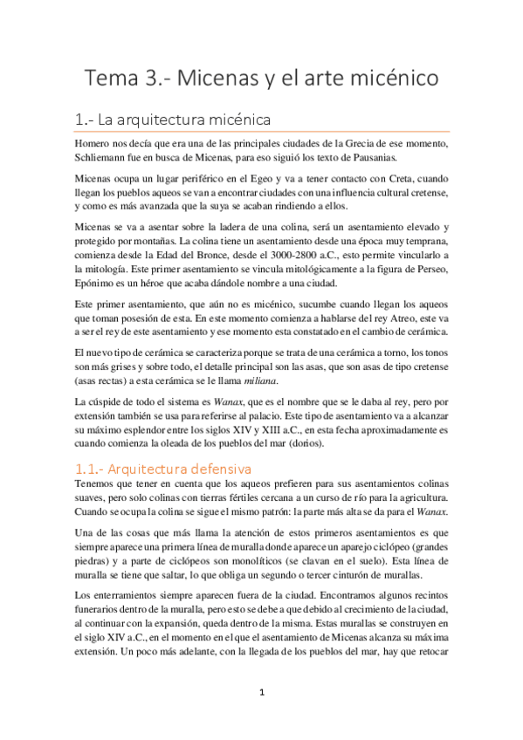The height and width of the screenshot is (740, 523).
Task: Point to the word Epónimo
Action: (x=97, y=283)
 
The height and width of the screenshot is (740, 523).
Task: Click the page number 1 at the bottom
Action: (x=261, y=692)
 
